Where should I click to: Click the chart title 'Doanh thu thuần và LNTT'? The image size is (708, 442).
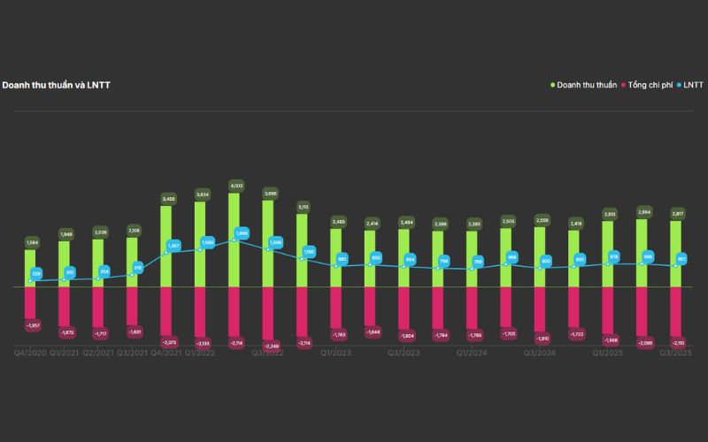click(x=56, y=85)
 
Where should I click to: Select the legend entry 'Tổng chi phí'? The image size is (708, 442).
click(x=650, y=85)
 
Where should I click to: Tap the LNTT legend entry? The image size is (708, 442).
click(x=691, y=85)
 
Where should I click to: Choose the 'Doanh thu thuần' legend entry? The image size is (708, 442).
click(x=585, y=85)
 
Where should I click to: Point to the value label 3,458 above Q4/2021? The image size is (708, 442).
click(x=166, y=198)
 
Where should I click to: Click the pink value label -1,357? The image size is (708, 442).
click(x=32, y=326)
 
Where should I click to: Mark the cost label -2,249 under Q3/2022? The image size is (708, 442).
click(x=271, y=346)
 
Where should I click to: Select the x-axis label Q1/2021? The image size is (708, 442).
click(x=64, y=353)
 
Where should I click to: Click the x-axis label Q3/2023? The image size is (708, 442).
click(x=404, y=353)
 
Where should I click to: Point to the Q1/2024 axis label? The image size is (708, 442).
click(x=472, y=353)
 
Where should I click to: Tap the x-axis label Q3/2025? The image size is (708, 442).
click(x=676, y=353)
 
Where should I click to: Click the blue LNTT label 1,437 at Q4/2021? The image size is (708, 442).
click(x=173, y=246)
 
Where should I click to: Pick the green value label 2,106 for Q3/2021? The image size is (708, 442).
click(x=133, y=230)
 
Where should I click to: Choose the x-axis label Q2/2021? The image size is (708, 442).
click(x=97, y=353)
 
